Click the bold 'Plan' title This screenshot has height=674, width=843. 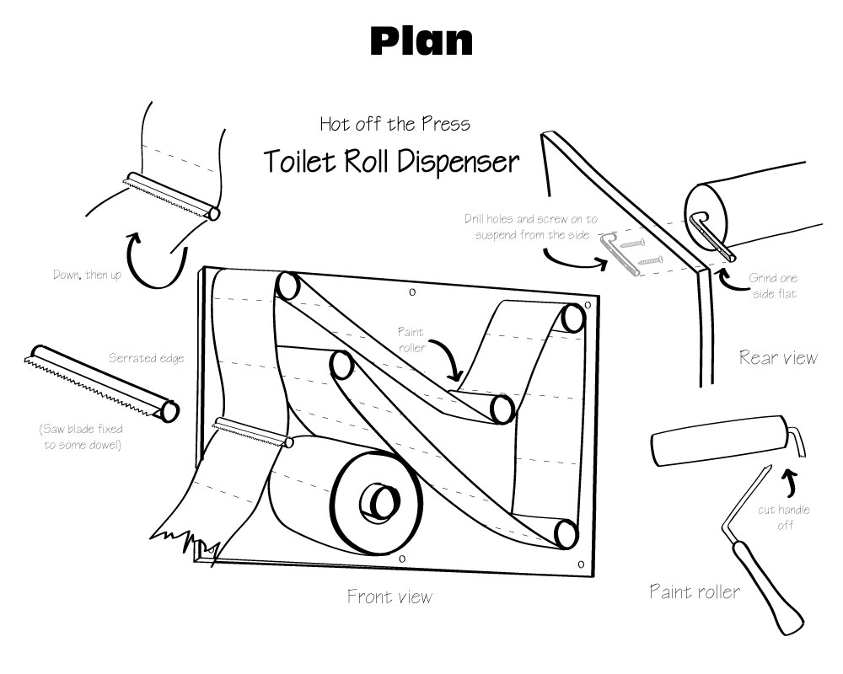point(421,40)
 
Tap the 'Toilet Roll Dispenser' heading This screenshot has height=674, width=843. point(391,161)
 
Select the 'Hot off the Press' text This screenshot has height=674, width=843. point(395,124)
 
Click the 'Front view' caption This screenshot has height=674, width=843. point(389,597)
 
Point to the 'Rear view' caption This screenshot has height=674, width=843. point(778,357)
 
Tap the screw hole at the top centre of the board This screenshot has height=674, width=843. point(412,292)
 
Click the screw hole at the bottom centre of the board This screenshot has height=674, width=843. point(402,559)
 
